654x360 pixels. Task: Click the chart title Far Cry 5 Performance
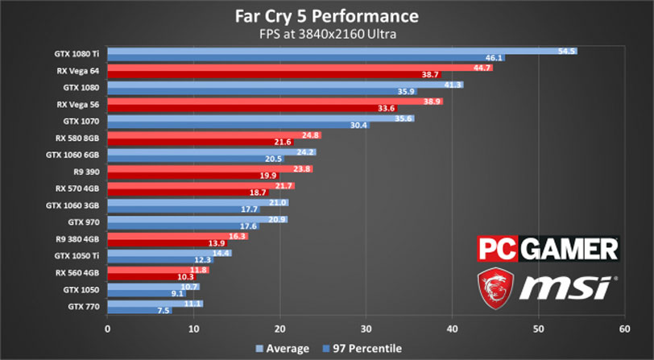tap(326, 16)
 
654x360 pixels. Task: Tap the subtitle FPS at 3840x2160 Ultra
tap(326, 35)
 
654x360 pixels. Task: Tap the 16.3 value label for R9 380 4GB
tap(238, 236)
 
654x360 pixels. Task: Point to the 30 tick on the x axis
tap(366, 329)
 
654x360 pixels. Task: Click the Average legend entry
tap(282, 349)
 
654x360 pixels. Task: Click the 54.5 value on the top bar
tap(567, 52)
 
